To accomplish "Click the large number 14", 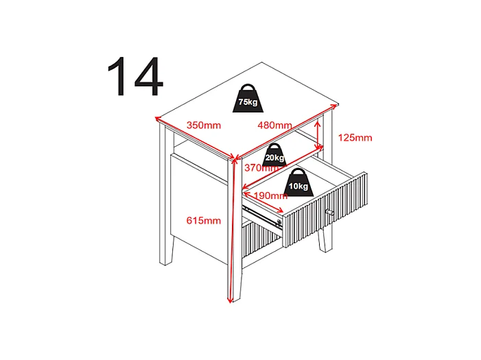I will pos(135,77).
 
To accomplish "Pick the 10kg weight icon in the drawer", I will pos(299,182).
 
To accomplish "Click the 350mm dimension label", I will pos(203,125).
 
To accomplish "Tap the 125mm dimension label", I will pos(355,138).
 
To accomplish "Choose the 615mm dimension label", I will pos(204,220).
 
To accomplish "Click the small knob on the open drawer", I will pos(331,213).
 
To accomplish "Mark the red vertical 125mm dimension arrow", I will pos(318,135).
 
